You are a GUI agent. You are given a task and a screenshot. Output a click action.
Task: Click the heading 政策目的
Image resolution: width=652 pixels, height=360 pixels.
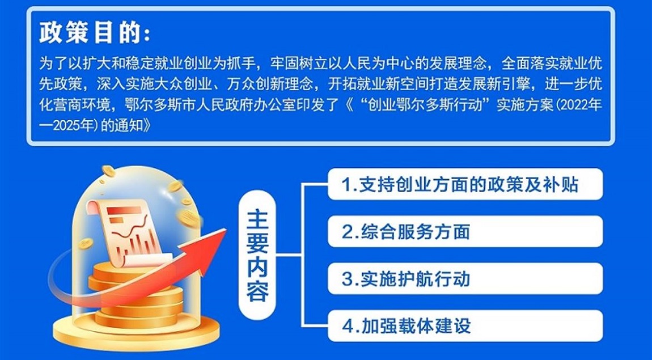(94, 32)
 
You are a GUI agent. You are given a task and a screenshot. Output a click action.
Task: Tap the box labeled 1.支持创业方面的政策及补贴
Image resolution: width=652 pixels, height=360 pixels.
(465, 184)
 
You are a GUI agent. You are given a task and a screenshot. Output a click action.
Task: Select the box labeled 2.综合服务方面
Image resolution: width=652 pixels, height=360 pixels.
(465, 231)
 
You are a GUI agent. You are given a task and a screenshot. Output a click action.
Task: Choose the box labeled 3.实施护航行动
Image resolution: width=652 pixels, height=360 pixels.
(465, 278)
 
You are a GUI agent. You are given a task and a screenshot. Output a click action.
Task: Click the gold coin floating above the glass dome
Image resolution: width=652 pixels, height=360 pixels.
(108, 171)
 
